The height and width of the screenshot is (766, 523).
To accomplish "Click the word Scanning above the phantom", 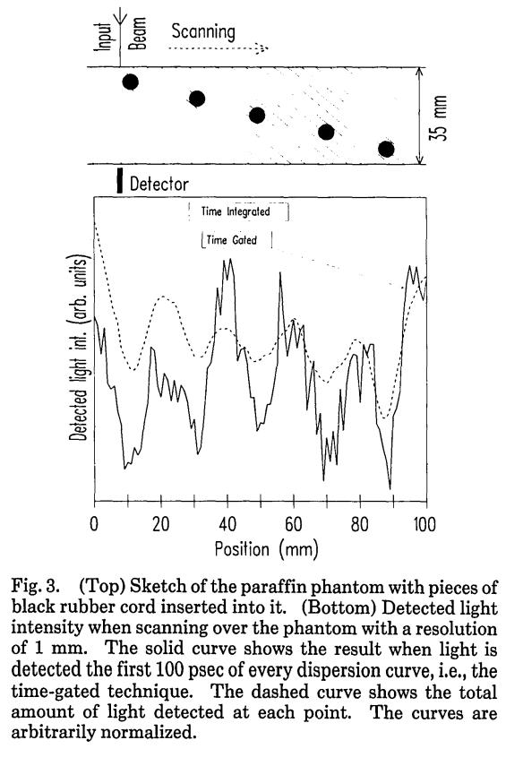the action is click(203, 32).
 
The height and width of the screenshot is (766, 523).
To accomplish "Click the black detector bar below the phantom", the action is click(120, 181).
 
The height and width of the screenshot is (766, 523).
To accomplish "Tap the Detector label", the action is click(159, 185).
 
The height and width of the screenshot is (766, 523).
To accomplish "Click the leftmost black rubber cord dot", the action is click(130, 82).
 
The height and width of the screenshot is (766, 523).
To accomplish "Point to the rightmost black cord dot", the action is click(386, 149).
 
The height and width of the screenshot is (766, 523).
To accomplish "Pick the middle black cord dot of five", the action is click(257, 116).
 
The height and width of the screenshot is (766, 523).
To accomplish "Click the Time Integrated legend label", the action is click(236, 211).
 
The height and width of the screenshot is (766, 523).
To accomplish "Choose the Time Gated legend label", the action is click(231, 240).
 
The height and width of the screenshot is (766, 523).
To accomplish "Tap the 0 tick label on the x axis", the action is click(94, 524).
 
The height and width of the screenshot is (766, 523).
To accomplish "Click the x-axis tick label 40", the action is click(227, 524).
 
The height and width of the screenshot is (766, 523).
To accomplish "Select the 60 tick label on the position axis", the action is click(294, 524).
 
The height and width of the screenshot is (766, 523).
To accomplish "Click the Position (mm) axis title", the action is click(267, 549).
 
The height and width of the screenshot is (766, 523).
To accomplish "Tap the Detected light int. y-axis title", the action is click(79, 348).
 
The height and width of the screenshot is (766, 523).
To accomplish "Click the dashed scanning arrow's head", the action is click(262, 48).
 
